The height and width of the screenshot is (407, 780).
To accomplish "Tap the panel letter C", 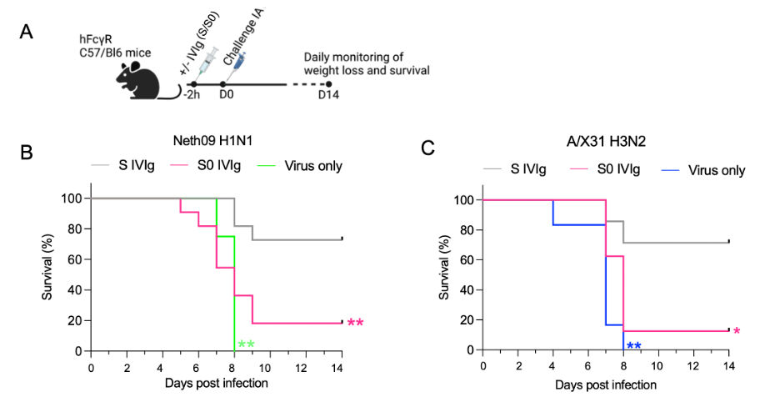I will [x=428, y=149].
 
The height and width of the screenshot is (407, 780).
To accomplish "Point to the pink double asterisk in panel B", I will [x=356, y=324].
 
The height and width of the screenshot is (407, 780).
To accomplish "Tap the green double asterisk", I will [x=246, y=344].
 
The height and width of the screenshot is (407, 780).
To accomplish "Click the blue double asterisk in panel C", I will [x=633, y=346].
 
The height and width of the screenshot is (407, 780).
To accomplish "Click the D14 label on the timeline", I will [x=329, y=95].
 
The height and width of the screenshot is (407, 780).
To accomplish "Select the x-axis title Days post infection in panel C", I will [x=605, y=385].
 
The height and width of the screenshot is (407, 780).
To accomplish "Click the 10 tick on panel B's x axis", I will [x=269, y=368].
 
